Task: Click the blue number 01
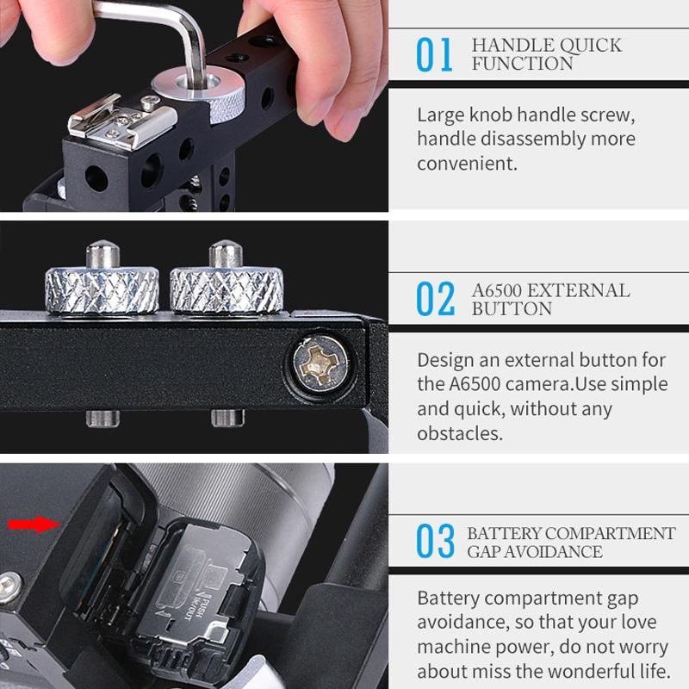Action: coord(435,55)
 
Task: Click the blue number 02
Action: coord(435,299)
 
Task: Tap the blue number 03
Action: coord(435,542)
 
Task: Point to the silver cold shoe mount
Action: coord(121,116)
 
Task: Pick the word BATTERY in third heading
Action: coord(504,533)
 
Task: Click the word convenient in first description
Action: coord(468,163)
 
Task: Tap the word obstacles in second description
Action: coord(460,432)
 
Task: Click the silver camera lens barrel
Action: coord(258,500)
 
